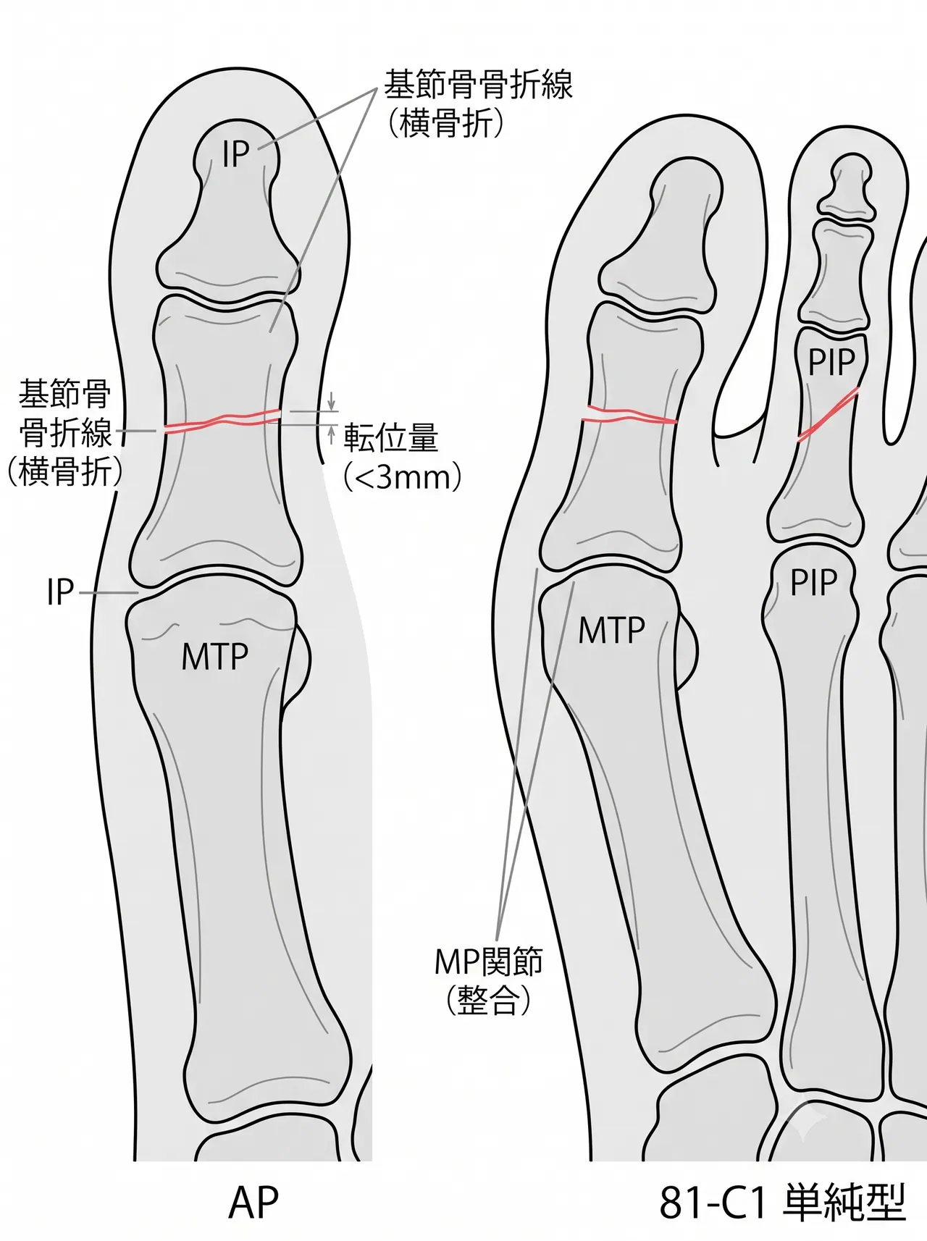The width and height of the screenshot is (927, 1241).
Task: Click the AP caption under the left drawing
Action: point(253,1203)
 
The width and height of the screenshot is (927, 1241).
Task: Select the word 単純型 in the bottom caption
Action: point(845,1203)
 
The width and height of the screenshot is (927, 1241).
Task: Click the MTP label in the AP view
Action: point(214,657)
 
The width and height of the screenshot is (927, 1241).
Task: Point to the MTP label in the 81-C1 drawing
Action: point(611,630)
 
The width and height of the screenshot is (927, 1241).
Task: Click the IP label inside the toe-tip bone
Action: point(235,153)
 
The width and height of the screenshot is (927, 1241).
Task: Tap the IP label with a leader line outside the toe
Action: point(61,592)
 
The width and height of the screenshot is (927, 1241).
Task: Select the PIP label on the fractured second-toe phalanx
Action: point(831,362)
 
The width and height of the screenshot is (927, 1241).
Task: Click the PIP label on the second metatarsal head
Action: point(813,583)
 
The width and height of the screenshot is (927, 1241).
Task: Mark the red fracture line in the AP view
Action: point(223,421)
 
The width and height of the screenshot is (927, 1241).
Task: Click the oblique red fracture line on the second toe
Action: point(828,414)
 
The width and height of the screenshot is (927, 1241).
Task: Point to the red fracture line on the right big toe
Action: point(630,415)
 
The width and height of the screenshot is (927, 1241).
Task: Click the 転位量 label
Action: point(390,438)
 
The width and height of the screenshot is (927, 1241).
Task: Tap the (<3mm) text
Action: point(401,477)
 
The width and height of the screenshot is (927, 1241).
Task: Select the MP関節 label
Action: point(488,962)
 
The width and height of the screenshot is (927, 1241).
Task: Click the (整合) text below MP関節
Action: point(488,1001)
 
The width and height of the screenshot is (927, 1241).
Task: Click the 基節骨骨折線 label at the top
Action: point(478,85)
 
